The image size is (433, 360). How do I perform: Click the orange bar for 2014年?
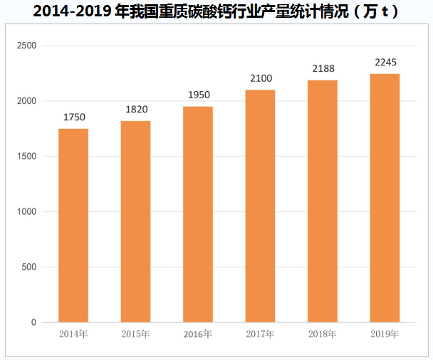73,225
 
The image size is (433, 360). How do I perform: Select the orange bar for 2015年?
135,221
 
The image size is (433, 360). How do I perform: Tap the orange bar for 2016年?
197,214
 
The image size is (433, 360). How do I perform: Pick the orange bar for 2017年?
260,206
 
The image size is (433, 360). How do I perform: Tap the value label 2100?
260,79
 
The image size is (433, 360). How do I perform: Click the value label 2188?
323,69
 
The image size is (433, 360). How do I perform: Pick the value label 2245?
385,63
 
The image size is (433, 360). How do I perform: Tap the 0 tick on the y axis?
33,322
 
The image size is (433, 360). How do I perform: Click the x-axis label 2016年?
197,334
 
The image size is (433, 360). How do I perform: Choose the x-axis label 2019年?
385,334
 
